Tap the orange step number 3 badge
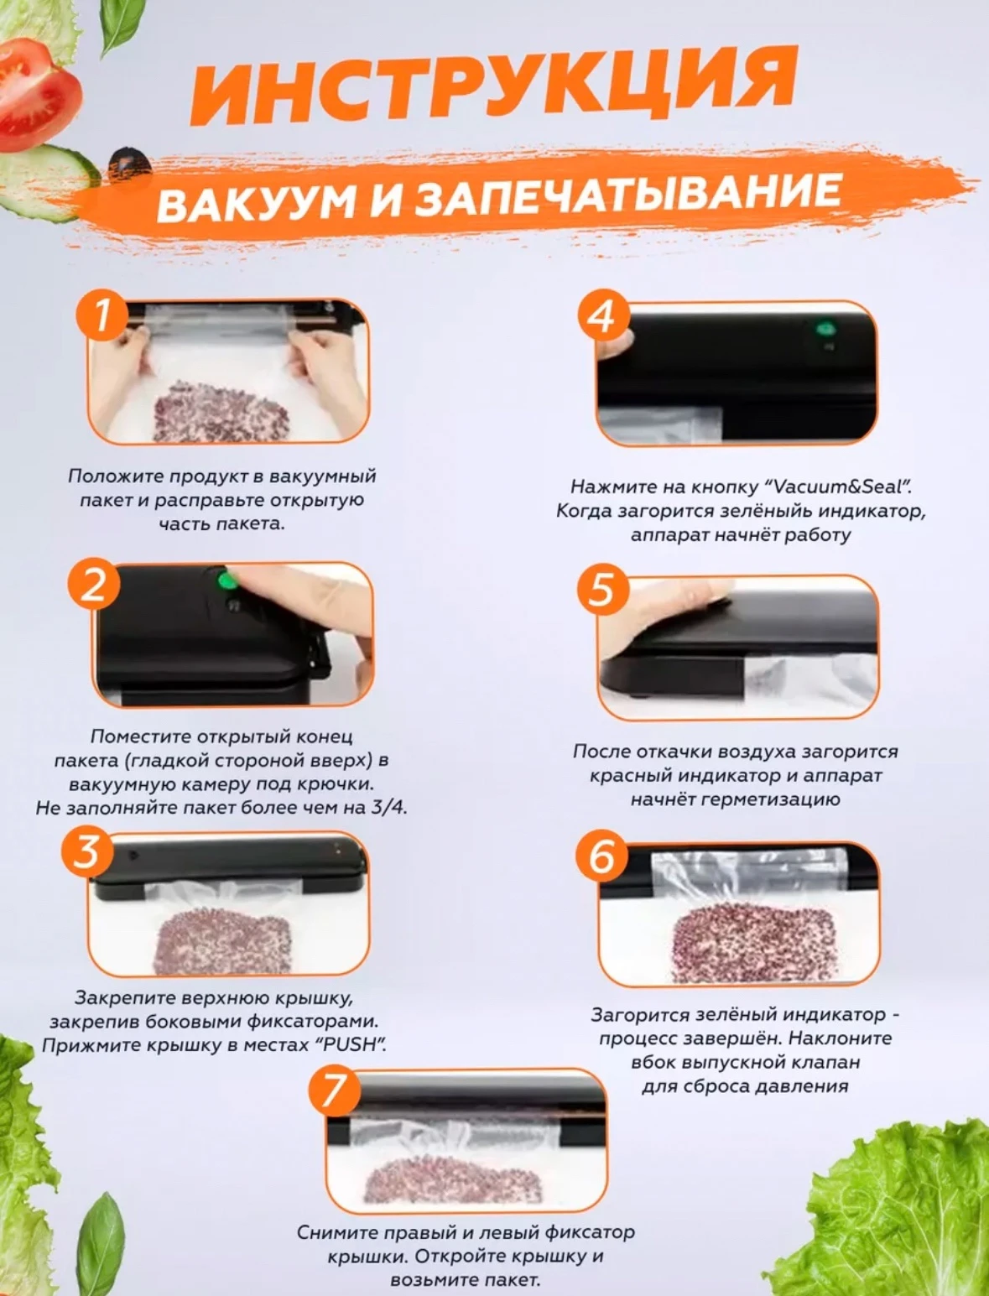(x=86, y=852)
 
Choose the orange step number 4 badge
(x=604, y=315)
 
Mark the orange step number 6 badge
(x=603, y=856)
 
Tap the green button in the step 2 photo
(x=226, y=580)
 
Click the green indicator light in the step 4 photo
(x=825, y=328)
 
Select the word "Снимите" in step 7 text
(x=339, y=1232)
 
